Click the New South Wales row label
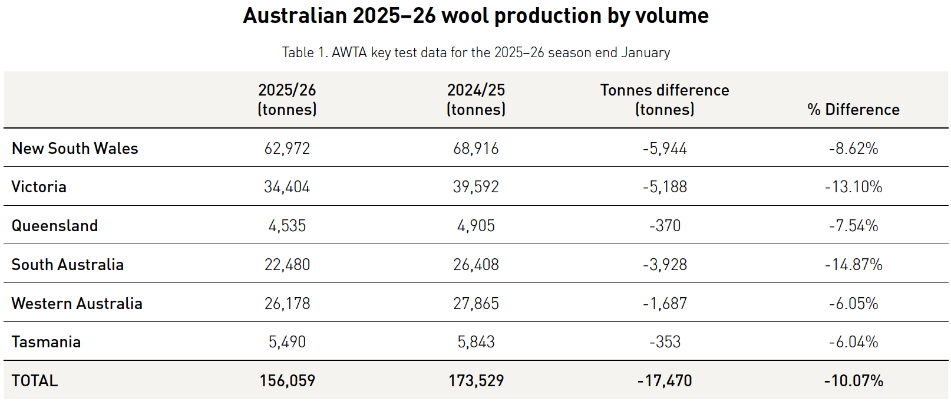pos(75,149)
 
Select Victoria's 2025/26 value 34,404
pos(287,187)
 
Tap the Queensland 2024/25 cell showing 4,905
pos(476,226)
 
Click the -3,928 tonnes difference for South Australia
pos(665,265)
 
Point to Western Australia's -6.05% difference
pos(853,304)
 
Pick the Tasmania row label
pos(46,342)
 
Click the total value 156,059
pos(287,381)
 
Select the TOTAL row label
pos(35,381)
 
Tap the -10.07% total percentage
pos(853,381)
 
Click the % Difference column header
pos(853,110)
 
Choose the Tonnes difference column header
pos(665,100)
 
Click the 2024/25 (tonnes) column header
pos(476,100)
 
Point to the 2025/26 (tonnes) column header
pos(287,100)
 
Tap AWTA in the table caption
pos(349,52)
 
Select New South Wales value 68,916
pos(476,149)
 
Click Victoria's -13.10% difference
pos(853,187)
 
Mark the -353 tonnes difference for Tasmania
pos(665,342)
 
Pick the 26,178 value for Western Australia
pos(287,304)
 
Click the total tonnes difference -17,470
pos(665,381)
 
